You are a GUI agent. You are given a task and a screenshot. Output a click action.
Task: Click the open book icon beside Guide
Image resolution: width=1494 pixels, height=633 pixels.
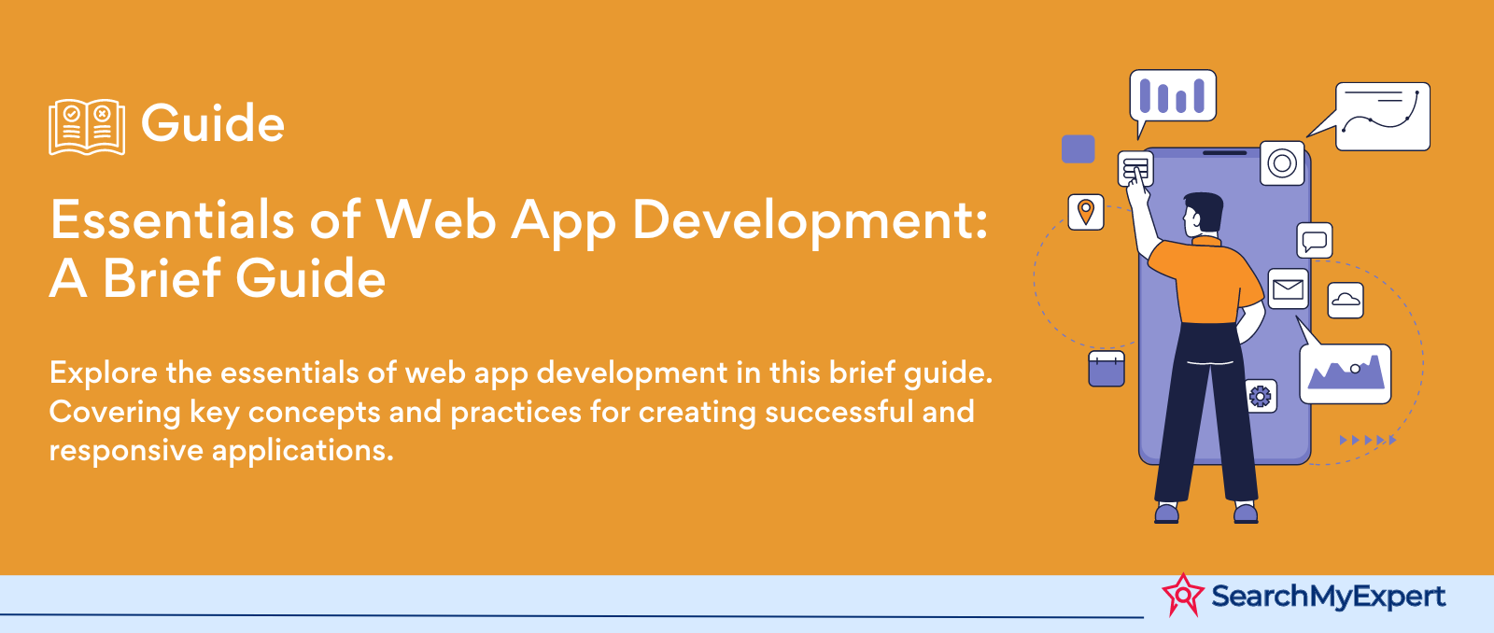point(87,127)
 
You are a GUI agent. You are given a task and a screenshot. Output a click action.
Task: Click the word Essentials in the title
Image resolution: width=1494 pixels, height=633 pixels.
point(172,219)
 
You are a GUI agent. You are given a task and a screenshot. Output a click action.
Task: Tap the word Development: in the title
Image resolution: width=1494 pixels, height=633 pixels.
point(810,223)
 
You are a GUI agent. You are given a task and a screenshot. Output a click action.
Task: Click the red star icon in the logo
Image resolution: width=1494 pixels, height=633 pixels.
point(1183,595)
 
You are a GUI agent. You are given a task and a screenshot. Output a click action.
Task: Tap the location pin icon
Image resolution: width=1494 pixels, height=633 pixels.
point(1086,212)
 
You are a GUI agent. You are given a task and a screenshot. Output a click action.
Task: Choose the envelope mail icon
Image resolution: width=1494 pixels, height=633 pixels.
point(1288,288)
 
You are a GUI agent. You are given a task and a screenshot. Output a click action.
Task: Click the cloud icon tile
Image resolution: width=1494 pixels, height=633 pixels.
point(1346,300)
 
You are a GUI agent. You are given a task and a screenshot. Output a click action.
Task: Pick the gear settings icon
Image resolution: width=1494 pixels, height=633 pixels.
point(1260,396)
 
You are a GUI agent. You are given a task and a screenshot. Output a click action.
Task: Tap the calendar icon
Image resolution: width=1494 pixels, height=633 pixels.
point(1106,369)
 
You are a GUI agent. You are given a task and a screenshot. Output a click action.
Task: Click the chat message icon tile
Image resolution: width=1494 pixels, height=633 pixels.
point(1315,240)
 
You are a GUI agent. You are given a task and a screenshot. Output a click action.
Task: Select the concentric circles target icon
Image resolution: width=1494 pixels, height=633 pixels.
point(1282,163)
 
